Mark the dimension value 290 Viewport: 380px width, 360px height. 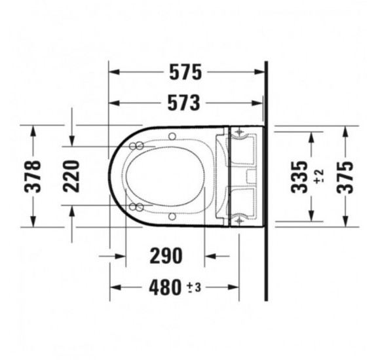tap(164, 255)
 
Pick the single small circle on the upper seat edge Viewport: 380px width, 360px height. tap(172, 136)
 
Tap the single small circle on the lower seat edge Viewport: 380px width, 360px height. tap(172, 216)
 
